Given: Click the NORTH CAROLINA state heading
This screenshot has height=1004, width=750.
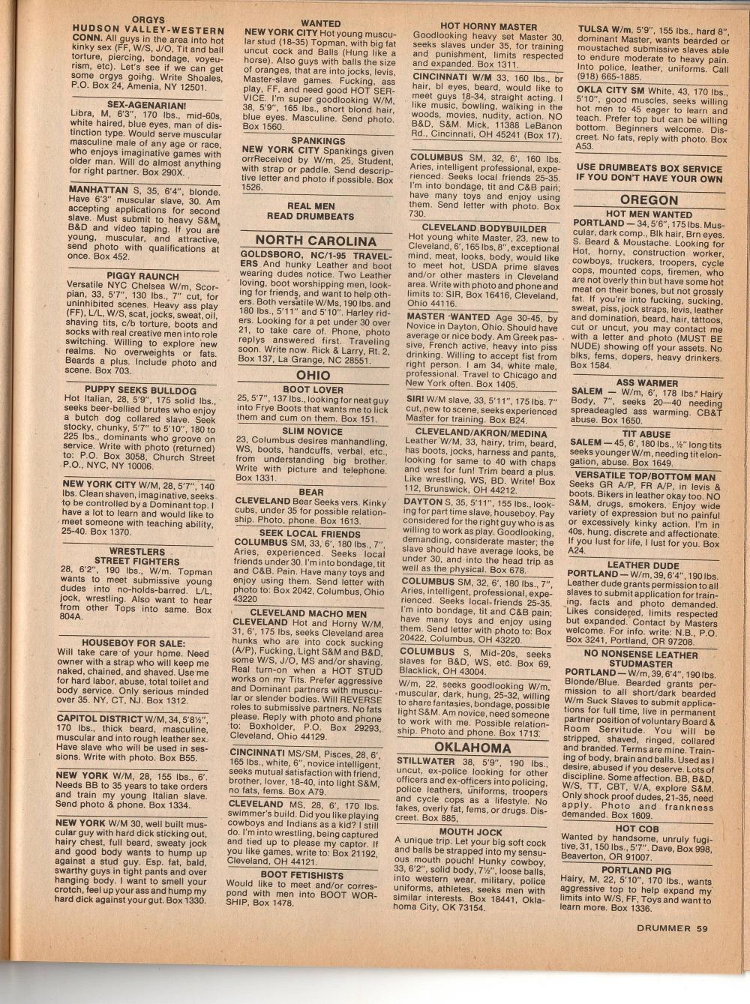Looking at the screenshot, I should [x=316, y=241].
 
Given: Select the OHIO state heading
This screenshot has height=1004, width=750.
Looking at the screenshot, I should [x=313, y=375].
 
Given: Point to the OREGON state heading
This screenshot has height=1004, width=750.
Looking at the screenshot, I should [x=649, y=199].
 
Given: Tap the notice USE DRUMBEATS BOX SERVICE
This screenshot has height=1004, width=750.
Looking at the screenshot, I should [x=649, y=173].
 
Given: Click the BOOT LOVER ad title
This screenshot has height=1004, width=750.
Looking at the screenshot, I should [x=313, y=390].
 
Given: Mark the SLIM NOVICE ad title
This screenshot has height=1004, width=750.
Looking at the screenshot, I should [x=313, y=431].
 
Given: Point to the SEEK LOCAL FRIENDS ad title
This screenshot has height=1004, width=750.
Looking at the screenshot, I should [x=310, y=534].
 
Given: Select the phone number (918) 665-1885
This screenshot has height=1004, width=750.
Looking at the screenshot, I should [x=609, y=76].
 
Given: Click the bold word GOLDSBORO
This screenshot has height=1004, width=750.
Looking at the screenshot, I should [x=271, y=255].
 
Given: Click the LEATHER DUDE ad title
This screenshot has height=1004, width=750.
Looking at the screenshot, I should [x=643, y=565].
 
